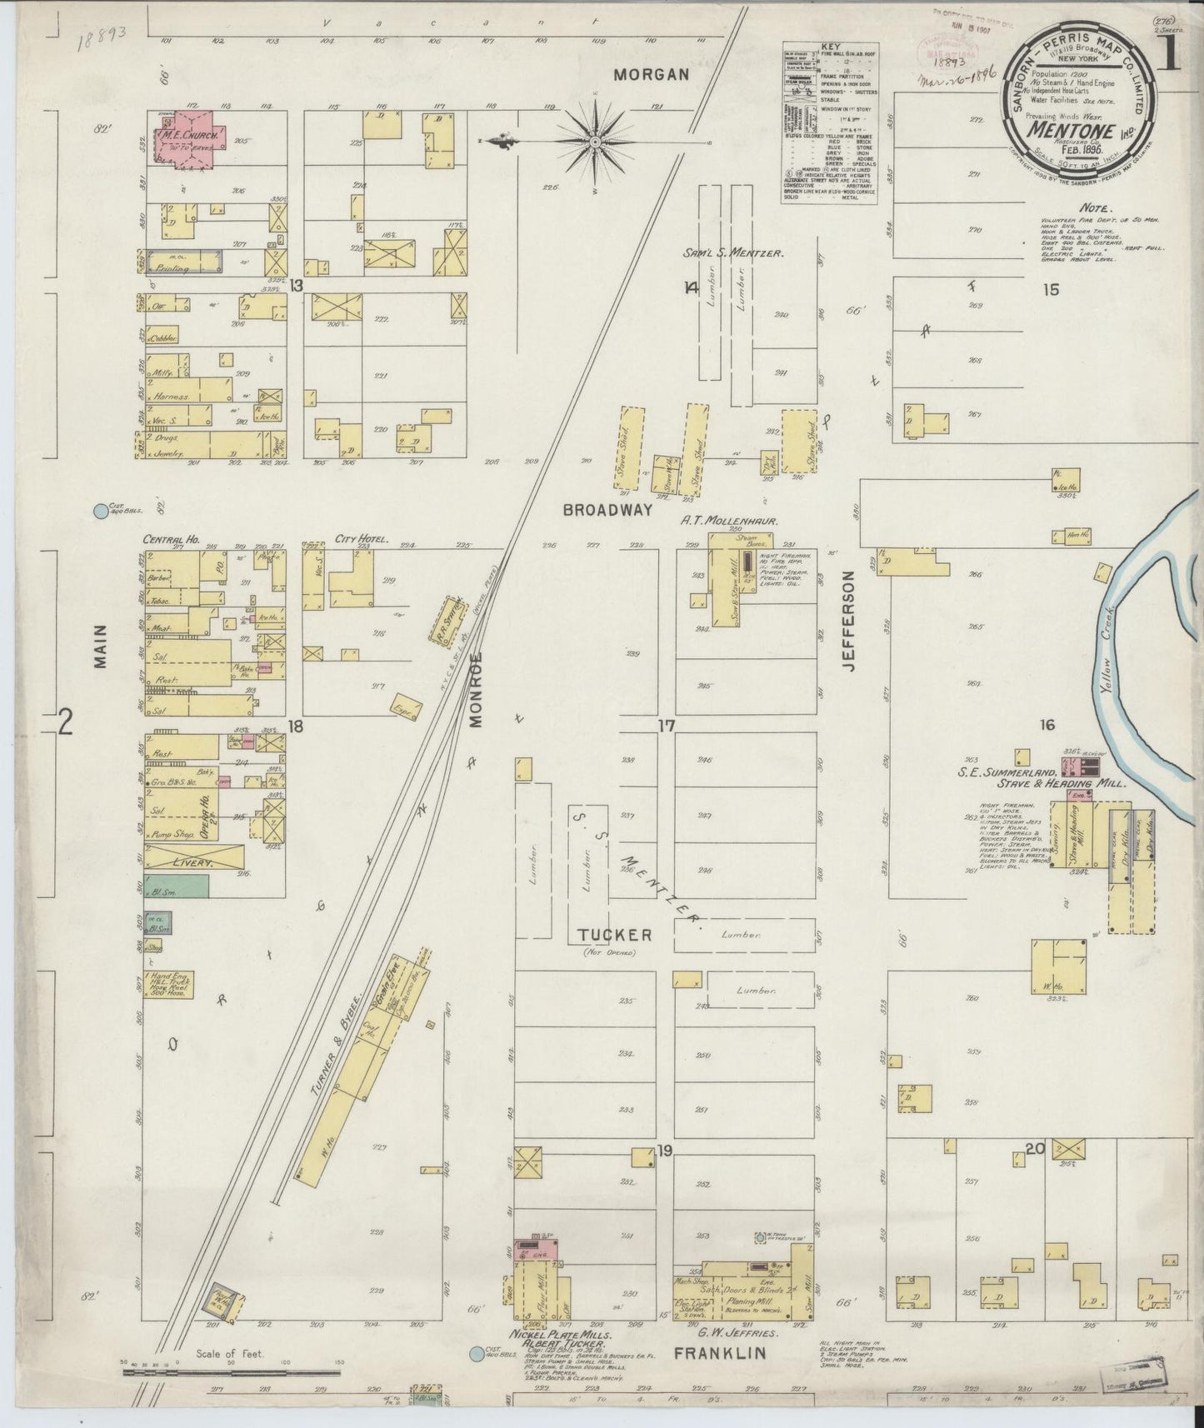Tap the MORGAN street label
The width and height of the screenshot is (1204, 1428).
(x=651, y=75)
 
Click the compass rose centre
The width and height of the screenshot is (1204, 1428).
(x=597, y=143)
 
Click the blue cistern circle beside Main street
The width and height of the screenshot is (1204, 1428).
(x=102, y=510)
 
